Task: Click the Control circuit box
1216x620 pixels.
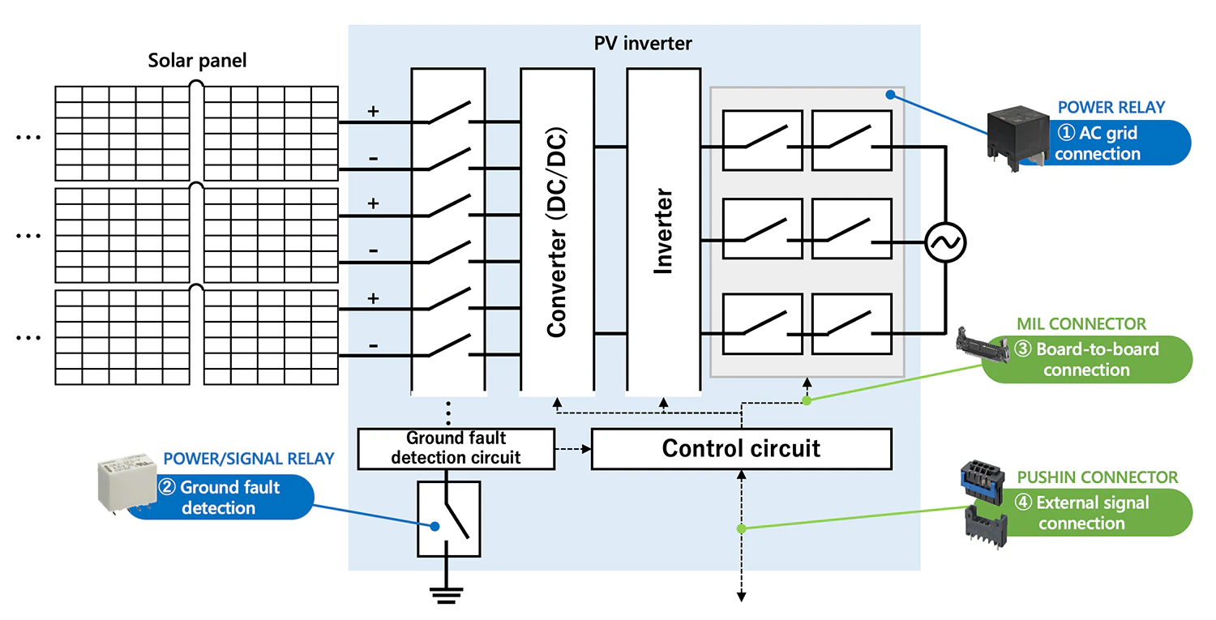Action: pyautogui.click(x=741, y=449)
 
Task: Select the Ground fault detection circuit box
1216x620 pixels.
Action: pyautogui.click(x=456, y=448)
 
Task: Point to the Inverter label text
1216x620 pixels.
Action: pyautogui.click(x=663, y=232)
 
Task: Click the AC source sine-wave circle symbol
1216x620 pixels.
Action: pyautogui.click(x=946, y=242)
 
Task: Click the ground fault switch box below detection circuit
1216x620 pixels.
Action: pyautogui.click(x=448, y=519)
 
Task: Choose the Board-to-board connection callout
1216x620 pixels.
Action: pyautogui.click(x=1086, y=359)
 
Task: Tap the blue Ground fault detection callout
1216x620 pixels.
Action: pyautogui.click(x=219, y=498)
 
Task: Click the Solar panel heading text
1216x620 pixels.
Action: pyautogui.click(x=197, y=62)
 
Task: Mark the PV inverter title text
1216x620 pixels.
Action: pyautogui.click(x=643, y=43)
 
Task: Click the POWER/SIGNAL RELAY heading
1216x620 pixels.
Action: pyautogui.click(x=248, y=459)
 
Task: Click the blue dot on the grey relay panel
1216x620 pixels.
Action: pyautogui.click(x=890, y=95)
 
